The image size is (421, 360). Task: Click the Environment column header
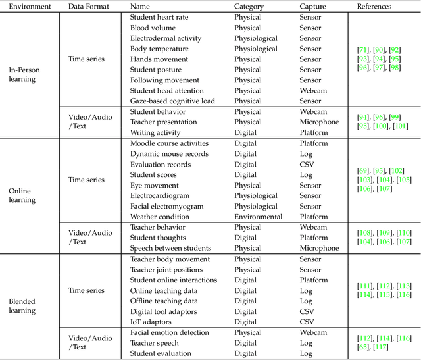(30, 6)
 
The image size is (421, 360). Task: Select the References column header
(374, 6)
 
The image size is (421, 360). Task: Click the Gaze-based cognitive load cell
(172, 101)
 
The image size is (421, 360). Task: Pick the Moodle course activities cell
(169, 143)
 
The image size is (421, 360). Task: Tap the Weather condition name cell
(159, 217)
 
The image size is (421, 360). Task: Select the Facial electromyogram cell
(166, 206)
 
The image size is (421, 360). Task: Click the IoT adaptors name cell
(150, 322)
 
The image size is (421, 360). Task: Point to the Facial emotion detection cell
(170, 332)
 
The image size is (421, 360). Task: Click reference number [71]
(362, 49)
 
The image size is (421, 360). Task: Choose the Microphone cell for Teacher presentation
(319, 122)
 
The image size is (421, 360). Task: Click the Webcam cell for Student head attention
(313, 91)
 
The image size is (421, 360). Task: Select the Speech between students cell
(170, 248)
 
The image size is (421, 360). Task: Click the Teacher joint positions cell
(168, 269)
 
